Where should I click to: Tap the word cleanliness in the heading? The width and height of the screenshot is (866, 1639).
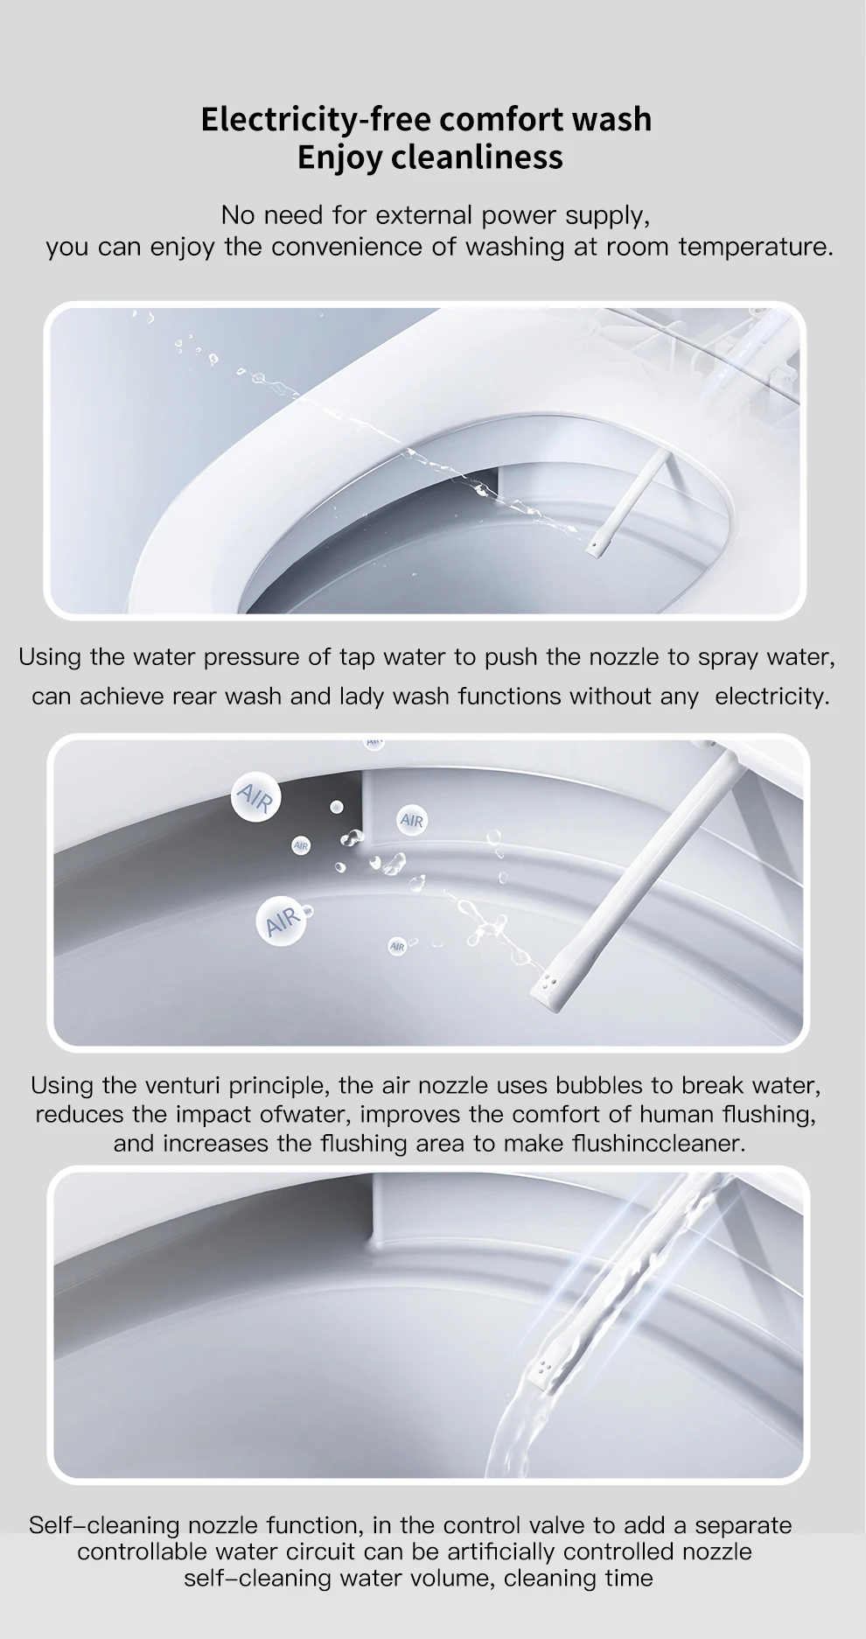click(477, 158)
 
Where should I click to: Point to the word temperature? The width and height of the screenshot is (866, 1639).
click(754, 247)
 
